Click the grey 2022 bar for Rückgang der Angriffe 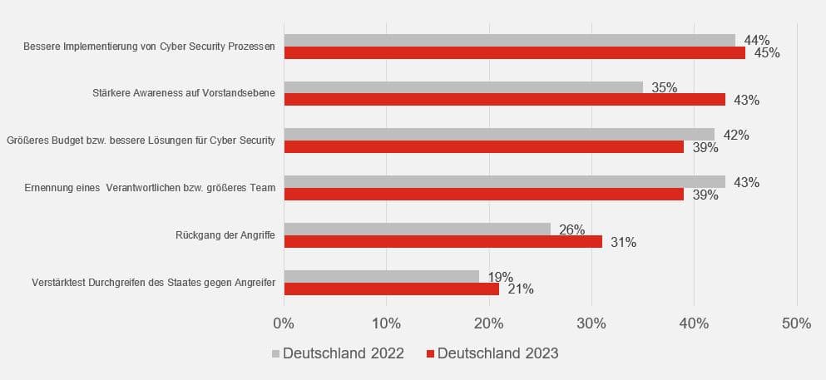417,229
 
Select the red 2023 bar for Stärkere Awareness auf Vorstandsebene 504,99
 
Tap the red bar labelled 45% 514,53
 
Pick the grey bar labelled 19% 382,276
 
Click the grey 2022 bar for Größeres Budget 499,135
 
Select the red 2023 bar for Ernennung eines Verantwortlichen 483,194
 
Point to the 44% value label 756,40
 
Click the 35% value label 664,87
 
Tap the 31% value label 623,243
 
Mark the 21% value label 520,289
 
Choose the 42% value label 735,135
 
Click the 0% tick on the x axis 284,323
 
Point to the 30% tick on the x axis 591,323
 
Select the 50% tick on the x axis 796,323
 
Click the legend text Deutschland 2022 343,353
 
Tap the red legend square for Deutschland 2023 430,354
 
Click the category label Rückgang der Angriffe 225,235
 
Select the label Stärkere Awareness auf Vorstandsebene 184,93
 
